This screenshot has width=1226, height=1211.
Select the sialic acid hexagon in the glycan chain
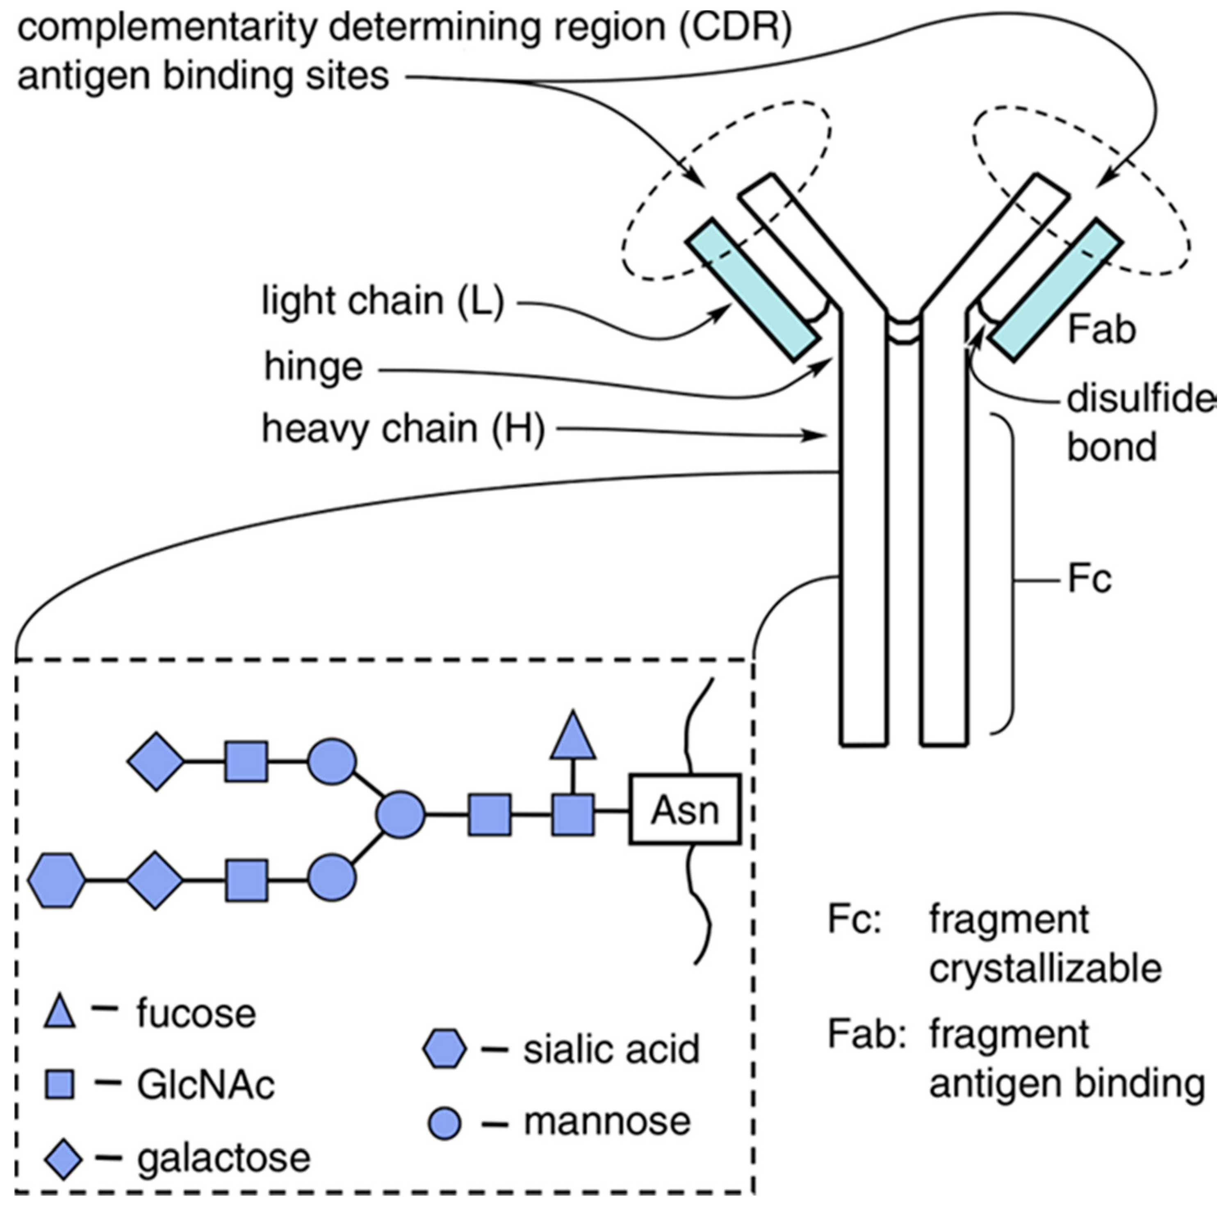57,881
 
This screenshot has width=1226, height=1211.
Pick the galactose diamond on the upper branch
156,761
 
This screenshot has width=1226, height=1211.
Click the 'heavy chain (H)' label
403,429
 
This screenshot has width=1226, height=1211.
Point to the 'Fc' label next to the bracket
1089,580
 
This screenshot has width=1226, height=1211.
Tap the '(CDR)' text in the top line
736,27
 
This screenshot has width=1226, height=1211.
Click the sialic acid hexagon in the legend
444,1050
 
